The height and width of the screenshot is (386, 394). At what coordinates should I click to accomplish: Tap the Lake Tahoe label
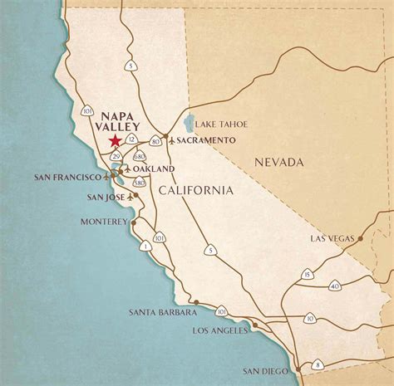pyautogui.click(x=223, y=124)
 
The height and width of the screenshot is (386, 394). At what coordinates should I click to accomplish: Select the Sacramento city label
pyautogui.click(x=204, y=140)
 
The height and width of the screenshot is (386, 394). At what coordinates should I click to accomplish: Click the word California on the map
pyautogui.click(x=196, y=191)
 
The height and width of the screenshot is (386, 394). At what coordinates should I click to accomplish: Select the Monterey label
pyautogui.click(x=103, y=222)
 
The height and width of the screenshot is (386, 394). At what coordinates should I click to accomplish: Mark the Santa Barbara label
pyautogui.click(x=163, y=312)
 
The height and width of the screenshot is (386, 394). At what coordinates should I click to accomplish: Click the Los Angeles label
pyautogui.click(x=219, y=330)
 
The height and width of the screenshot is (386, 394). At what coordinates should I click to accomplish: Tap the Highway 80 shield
pyautogui.click(x=155, y=141)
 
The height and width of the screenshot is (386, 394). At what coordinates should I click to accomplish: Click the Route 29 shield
pyautogui.click(x=117, y=156)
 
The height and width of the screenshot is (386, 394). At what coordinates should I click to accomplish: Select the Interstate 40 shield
pyautogui.click(x=335, y=286)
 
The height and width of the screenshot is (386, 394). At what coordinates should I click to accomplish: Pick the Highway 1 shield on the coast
pyautogui.click(x=145, y=246)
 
